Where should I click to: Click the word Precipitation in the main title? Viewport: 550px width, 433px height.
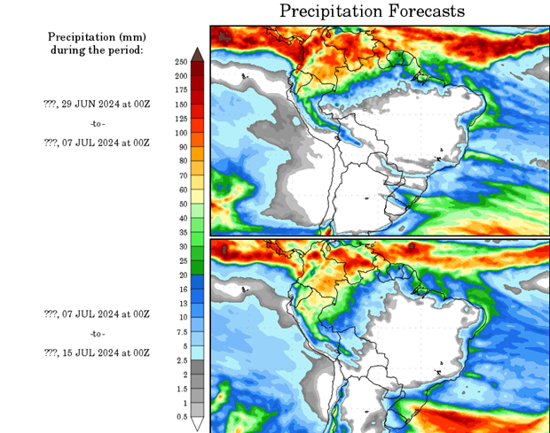333,12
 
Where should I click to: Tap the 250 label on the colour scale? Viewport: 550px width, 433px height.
180,62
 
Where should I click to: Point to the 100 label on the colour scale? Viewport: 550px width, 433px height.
180,133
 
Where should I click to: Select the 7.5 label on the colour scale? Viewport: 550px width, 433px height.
180,332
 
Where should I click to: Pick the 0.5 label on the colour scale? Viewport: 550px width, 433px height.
180,417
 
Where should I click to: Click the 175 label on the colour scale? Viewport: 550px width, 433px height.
180,90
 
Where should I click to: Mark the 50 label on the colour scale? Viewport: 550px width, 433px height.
180,204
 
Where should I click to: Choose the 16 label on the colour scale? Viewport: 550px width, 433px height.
180,290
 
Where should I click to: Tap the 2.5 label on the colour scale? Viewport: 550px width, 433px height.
180,360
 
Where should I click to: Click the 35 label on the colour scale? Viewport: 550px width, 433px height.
180,232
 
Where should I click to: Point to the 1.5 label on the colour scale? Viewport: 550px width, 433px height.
180,389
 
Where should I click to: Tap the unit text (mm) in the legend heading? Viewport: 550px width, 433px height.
127,36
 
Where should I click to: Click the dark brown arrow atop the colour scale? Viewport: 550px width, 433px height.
197,55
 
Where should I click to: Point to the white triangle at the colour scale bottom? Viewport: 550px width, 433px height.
197,424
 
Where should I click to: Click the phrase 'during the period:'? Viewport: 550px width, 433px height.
97,50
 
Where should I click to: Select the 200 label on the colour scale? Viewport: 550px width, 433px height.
180,76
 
